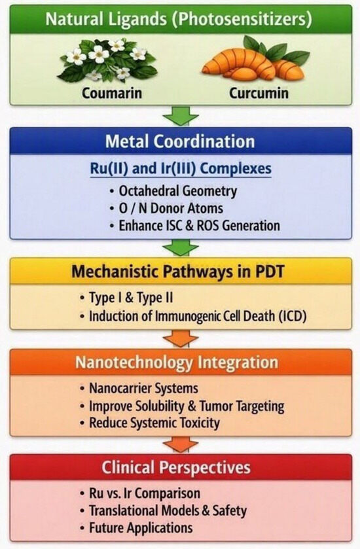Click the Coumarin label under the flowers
[112, 93]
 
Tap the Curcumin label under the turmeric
[259, 93]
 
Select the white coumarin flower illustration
[107, 60]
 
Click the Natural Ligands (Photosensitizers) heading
[179, 19]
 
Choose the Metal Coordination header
[180, 141]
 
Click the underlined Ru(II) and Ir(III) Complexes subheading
[181, 169]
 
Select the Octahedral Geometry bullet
[173, 191]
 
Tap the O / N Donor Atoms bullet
[166, 208]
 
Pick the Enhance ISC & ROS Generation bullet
[194, 226]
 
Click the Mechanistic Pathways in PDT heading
[177, 272]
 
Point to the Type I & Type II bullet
[126, 298]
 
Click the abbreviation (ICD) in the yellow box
[293, 316]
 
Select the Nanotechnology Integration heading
[177, 363]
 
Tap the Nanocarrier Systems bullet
[139, 388]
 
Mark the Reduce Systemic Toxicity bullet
[149, 423]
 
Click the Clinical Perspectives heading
[176, 468]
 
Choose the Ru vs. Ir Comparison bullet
[139, 493]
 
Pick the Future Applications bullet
[136, 527]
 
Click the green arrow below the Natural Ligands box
[181, 116]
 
